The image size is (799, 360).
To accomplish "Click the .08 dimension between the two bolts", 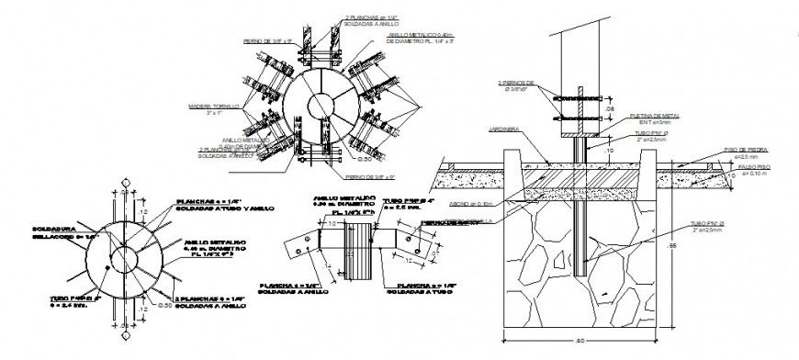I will pos(610,107).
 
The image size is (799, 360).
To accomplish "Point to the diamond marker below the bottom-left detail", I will pos(121,324).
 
